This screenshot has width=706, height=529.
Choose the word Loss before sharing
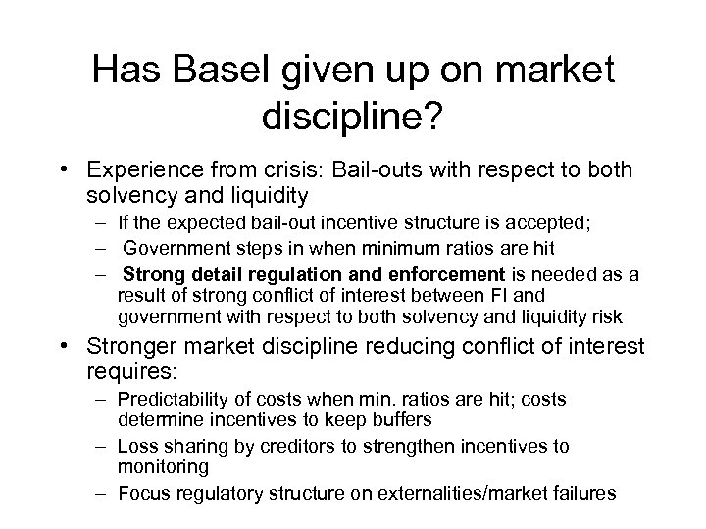coord(136,446)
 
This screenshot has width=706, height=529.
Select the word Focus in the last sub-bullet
coord(141,494)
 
